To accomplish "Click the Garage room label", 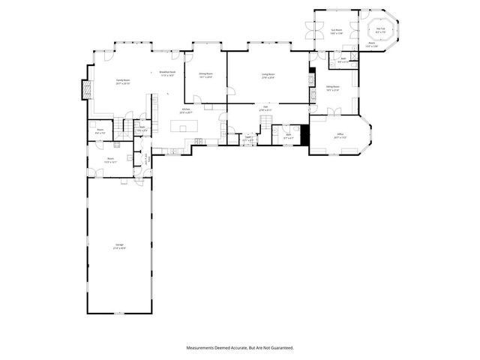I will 119,246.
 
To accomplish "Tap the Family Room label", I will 123,81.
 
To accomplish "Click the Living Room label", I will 268,75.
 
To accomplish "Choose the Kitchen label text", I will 185,110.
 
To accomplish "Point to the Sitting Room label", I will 332,88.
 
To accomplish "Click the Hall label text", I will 265,107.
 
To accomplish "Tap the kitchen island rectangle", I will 184,127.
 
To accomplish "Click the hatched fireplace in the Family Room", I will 84,90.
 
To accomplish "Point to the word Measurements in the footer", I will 202,348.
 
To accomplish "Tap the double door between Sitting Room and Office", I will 334,112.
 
